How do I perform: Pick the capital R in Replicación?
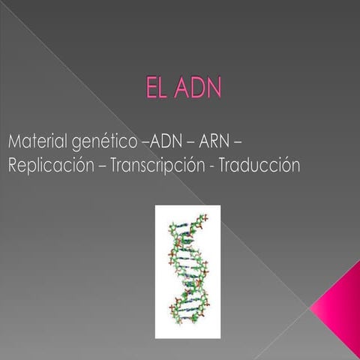14,166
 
